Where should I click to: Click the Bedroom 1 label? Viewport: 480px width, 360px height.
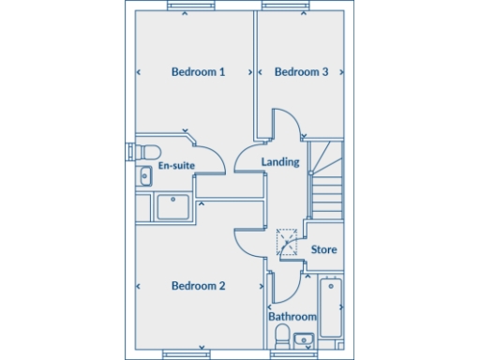pos(198,72)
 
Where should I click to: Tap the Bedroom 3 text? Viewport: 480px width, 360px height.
pos(301,72)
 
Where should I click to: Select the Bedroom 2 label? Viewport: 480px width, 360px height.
pos(198,286)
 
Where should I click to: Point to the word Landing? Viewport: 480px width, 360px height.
pos(280,162)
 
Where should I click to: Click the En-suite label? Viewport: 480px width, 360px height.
pos(176,166)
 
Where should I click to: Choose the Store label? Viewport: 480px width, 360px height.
pos(323,250)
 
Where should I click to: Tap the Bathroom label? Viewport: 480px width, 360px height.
pos(292,317)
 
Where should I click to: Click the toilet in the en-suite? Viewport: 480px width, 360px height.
pos(149,153)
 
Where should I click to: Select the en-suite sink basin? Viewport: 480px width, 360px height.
pos(145,175)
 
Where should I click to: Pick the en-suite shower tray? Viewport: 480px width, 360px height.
pos(173,206)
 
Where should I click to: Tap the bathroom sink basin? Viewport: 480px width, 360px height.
pos(303,339)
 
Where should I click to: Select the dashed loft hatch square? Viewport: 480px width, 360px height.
pos(287,243)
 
